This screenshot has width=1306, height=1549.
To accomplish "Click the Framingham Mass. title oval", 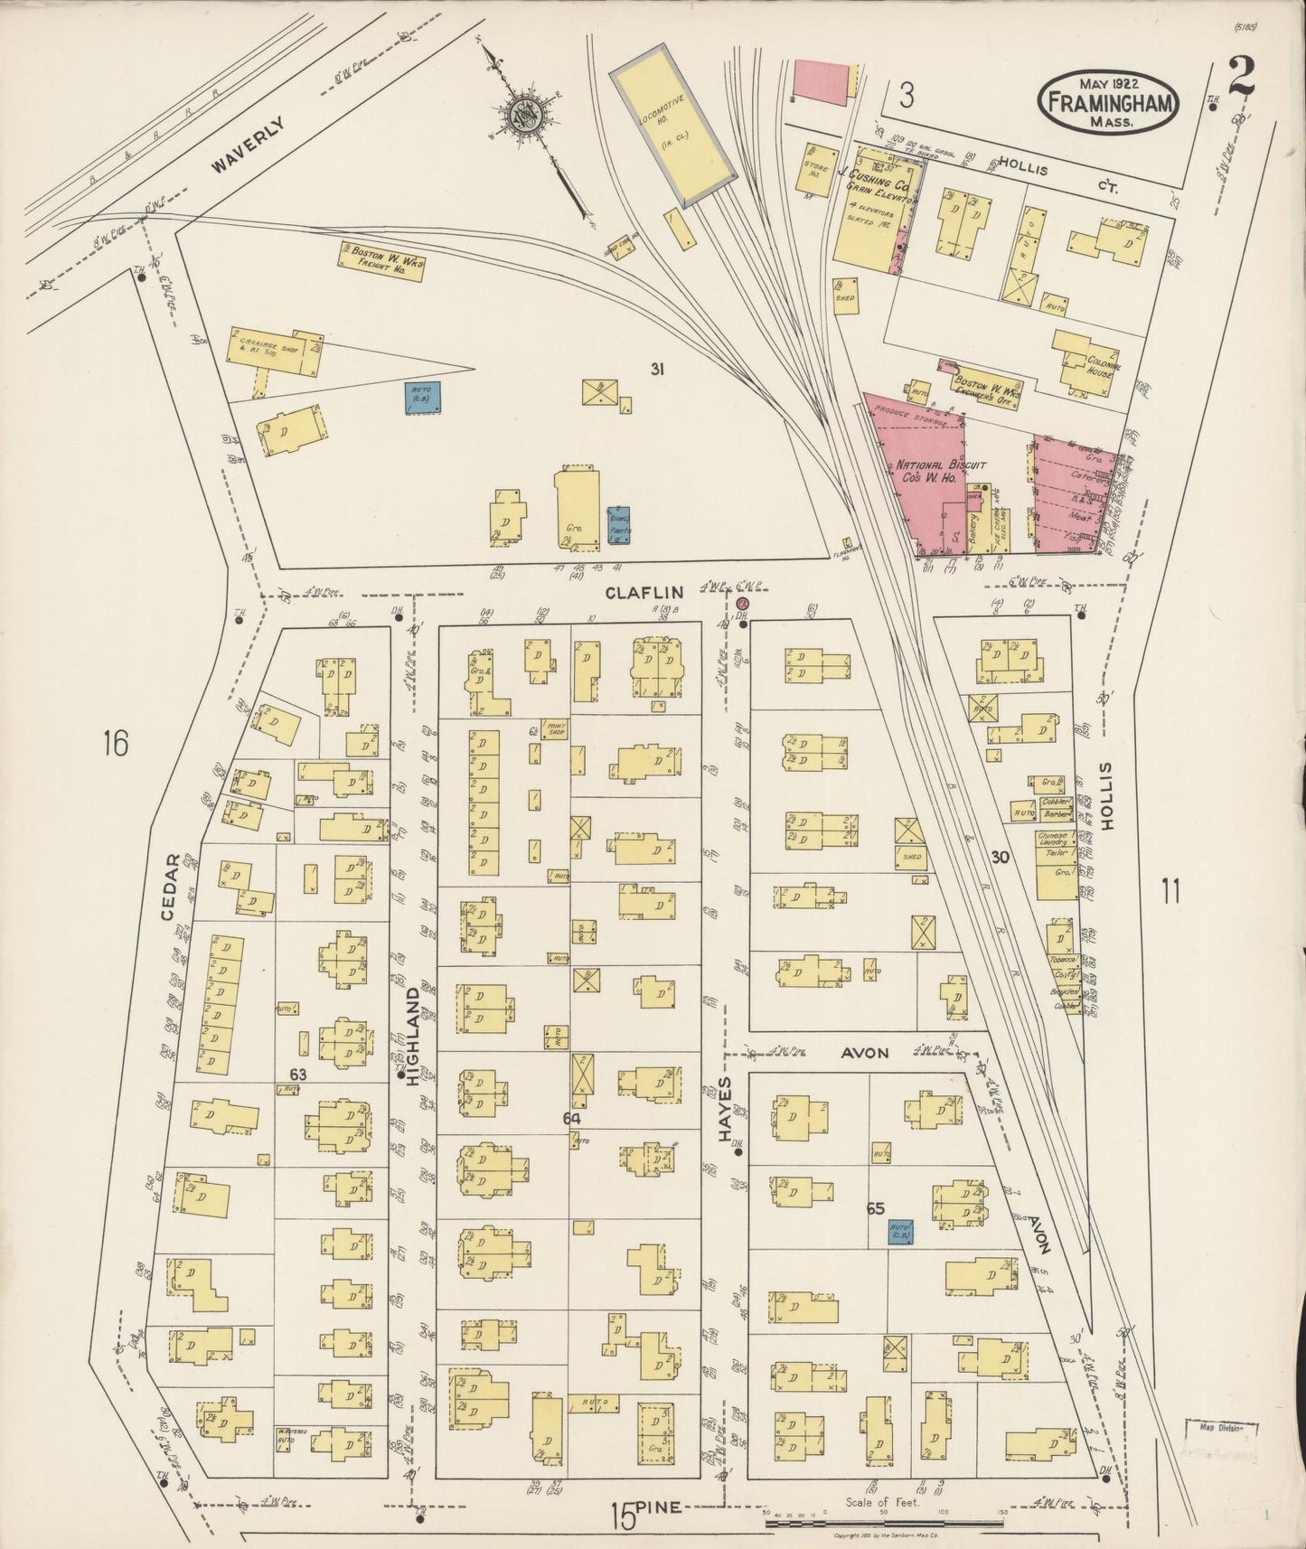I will click(x=1110, y=102).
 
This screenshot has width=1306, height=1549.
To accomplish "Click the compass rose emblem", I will click(x=521, y=115).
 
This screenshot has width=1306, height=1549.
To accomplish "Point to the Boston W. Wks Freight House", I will click(x=382, y=259).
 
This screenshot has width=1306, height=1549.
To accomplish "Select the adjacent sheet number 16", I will click(x=116, y=743).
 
